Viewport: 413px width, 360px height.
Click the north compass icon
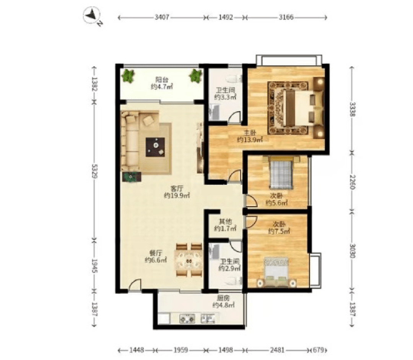92,16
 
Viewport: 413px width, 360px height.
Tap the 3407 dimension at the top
162,17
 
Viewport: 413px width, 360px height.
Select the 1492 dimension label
226,17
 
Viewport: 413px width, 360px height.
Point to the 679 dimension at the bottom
319,350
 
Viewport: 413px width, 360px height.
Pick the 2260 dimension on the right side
353,182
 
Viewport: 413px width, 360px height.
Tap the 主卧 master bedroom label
249,133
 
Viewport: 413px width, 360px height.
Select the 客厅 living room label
177,189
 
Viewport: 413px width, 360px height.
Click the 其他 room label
225,222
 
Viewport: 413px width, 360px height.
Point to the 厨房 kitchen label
223,298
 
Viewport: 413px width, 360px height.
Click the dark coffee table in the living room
155,147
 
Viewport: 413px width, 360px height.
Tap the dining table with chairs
189,260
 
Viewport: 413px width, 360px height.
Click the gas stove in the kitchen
187,319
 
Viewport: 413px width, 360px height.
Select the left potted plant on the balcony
128,76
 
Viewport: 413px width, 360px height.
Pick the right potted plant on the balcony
195,76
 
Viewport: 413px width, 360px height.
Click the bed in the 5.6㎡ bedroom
281,173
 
